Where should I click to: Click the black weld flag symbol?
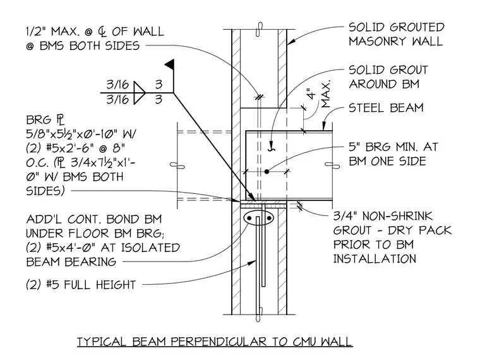tap(170, 64)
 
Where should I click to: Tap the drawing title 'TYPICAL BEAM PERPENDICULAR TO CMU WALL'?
tap(215, 341)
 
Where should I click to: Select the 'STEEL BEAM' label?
tap(386, 108)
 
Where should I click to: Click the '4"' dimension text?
tap(311, 93)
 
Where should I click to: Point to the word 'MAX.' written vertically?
tap(327, 94)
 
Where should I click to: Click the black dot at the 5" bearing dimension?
tap(267, 172)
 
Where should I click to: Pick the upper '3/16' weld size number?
tap(117, 85)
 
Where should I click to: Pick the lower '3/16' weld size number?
tap(117, 100)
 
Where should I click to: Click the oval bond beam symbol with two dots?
tap(259, 218)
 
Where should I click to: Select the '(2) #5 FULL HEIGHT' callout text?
tap(81, 285)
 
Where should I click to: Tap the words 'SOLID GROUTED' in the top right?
tap(397, 27)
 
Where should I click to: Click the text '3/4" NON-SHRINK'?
tap(383, 216)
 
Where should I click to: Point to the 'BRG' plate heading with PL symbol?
tap(45, 120)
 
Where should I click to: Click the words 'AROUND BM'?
tap(384, 84)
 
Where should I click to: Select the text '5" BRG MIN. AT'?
tap(393, 147)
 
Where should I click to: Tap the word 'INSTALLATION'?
tap(375, 259)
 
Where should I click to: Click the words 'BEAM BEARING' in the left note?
tap(71, 262)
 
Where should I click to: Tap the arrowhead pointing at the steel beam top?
tap(323, 126)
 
